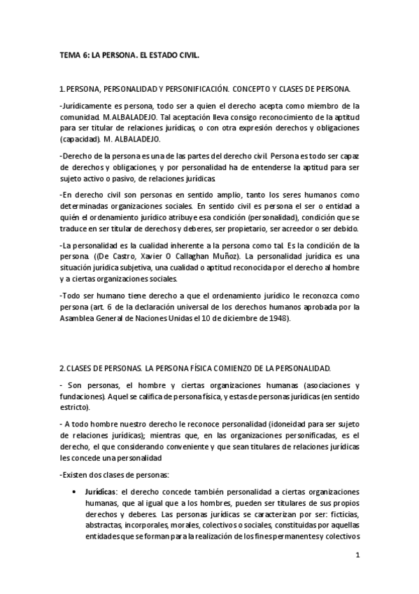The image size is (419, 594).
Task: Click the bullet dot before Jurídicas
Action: tap(74, 491)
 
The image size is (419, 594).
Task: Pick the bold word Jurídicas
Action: tap(101, 491)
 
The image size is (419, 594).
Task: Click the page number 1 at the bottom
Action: tap(357, 557)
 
